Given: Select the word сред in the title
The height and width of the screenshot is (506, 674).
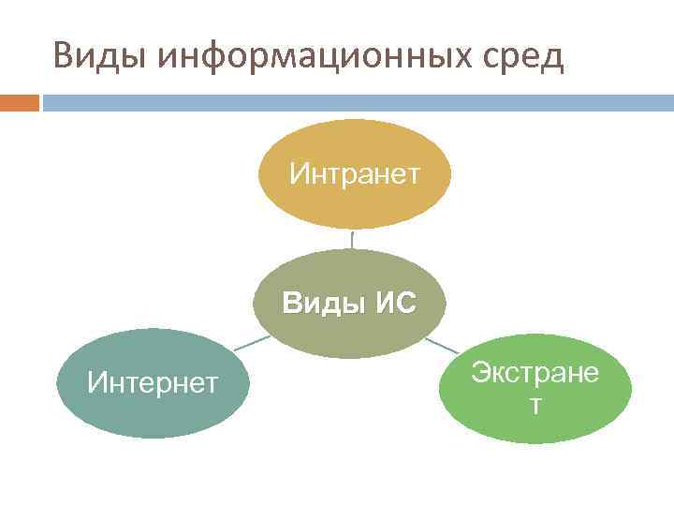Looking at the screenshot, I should (x=525, y=57).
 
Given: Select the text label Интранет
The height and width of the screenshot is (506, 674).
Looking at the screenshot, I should (x=355, y=173).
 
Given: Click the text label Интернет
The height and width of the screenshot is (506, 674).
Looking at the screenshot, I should (x=153, y=382).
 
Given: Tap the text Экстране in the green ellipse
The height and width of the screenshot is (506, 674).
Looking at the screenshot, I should (x=535, y=372).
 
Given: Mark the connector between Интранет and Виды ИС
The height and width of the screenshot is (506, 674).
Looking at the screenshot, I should (x=352, y=239).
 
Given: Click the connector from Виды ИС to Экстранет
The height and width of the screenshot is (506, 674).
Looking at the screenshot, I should (x=441, y=346).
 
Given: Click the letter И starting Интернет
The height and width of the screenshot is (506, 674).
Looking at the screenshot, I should (x=95, y=382).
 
